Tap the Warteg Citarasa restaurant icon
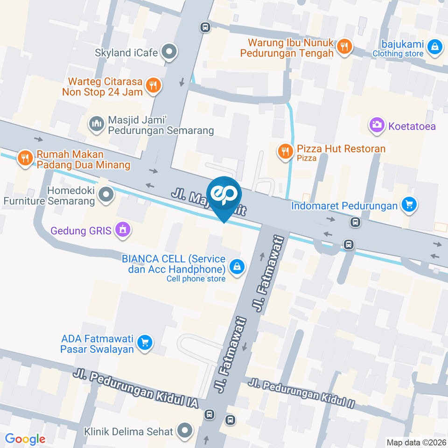click(153, 85)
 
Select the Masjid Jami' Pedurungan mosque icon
click(96, 124)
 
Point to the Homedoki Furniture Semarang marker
click(106, 195)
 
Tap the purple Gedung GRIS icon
click(123, 230)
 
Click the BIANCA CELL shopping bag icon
click(238, 266)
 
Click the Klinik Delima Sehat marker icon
click(185, 431)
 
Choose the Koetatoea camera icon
click(376, 125)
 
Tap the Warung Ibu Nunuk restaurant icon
click(345, 46)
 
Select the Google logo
click(25, 439)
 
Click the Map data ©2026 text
click(415, 442)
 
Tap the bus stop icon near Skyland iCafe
click(205, 28)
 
